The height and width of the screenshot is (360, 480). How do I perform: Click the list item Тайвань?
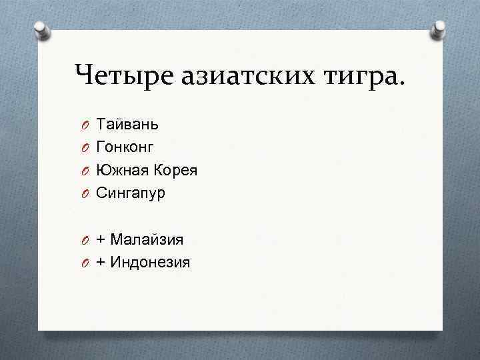[127, 124]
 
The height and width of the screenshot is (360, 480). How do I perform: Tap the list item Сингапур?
[131, 193]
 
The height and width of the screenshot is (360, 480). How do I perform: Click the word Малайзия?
[147, 239]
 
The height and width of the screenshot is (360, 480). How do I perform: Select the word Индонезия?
[151, 262]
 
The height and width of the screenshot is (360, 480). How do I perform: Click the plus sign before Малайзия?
[101, 239]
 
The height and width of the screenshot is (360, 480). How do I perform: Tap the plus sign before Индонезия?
[101, 263]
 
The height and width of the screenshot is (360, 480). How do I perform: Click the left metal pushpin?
[41, 31]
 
